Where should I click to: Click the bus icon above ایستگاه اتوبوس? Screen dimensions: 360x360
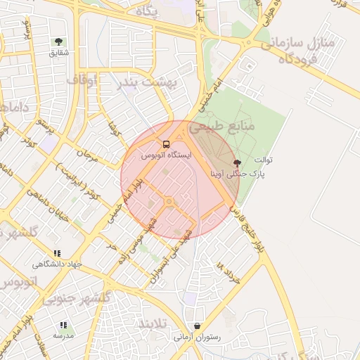point(166,144)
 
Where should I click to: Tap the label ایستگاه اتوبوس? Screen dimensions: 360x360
point(166,155)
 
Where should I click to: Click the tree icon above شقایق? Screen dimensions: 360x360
point(58,42)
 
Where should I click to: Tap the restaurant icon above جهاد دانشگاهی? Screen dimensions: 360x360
point(57,253)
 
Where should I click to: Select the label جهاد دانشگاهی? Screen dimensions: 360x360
point(57,264)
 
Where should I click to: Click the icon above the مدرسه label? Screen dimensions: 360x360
point(63,325)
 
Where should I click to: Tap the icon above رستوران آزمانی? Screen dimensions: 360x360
point(197,326)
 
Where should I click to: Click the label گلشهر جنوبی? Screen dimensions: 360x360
point(77,298)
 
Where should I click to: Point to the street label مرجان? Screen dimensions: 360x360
point(85,153)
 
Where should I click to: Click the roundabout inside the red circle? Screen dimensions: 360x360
point(169,202)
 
